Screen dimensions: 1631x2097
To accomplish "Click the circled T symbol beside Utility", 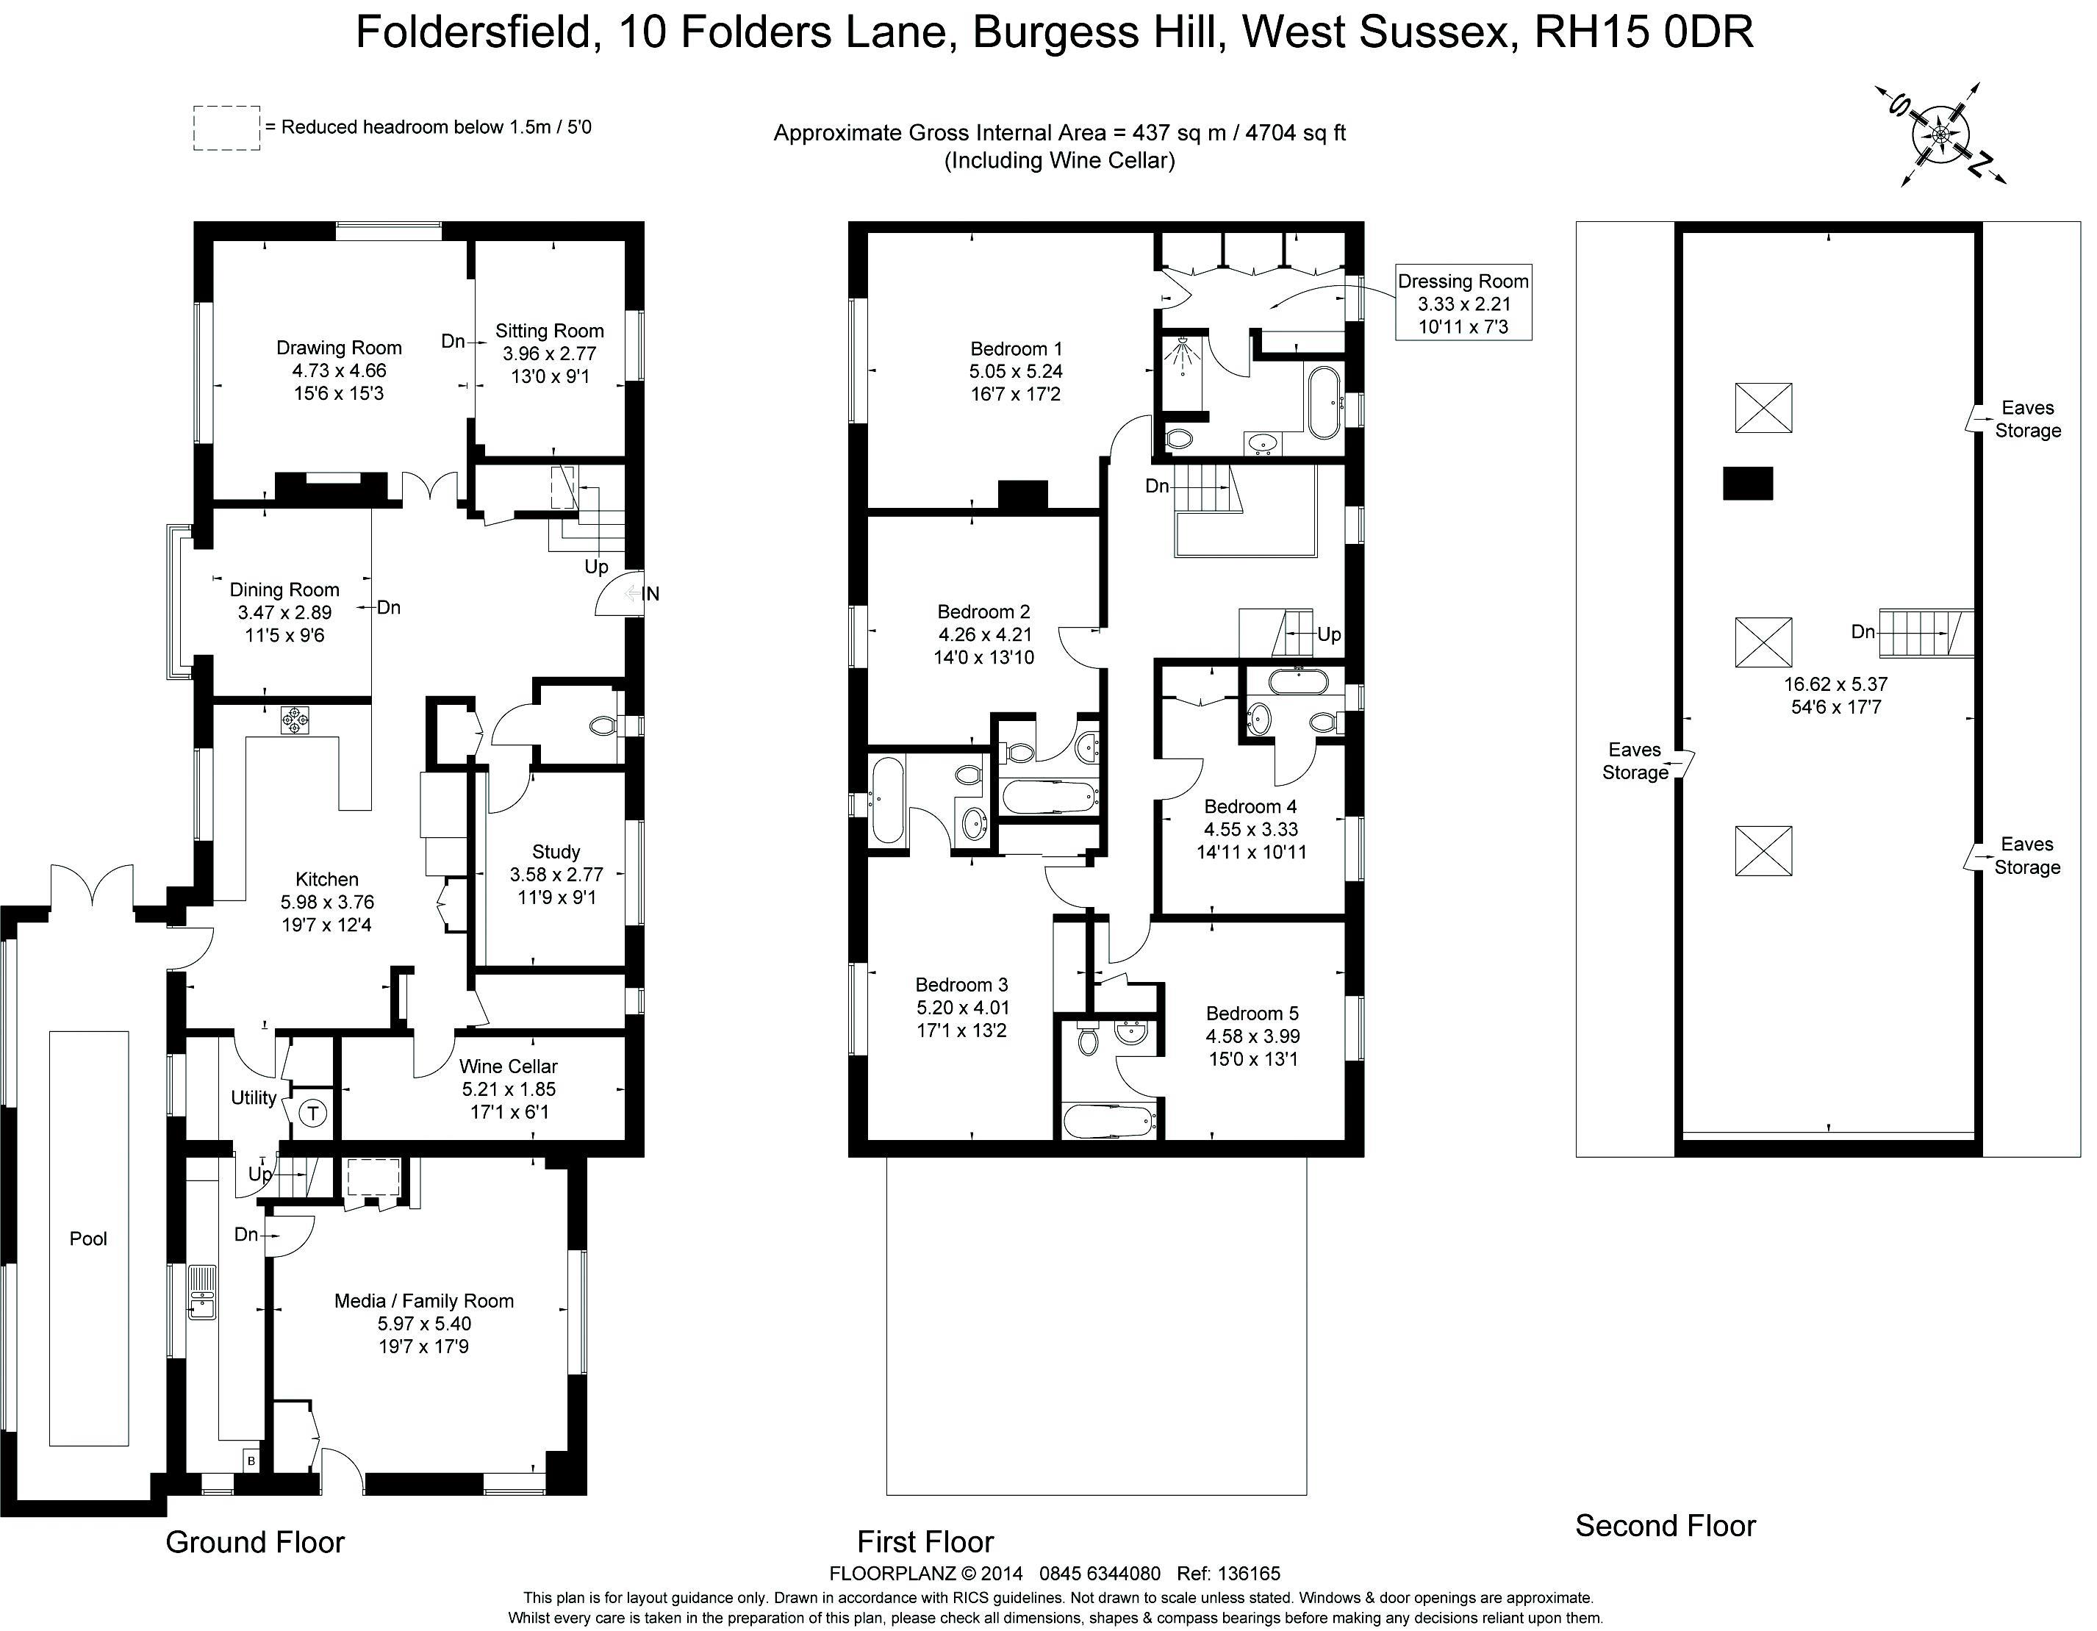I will (x=312, y=1114).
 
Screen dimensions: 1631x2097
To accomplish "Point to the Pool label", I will (x=88, y=1239).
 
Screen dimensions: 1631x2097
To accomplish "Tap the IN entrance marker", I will (x=650, y=594).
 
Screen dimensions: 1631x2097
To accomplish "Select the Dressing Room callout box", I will (x=1463, y=304).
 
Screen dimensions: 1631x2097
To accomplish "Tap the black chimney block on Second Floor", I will (x=1748, y=483).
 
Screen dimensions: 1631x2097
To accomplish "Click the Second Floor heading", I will (x=1665, y=1525).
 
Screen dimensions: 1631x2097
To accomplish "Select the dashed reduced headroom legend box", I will (x=226, y=128).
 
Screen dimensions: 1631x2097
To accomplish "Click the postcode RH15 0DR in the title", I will (x=1643, y=32).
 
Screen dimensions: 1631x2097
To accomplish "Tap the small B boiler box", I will (x=251, y=1460).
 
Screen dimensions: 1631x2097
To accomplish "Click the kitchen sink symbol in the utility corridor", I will (x=201, y=1294).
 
